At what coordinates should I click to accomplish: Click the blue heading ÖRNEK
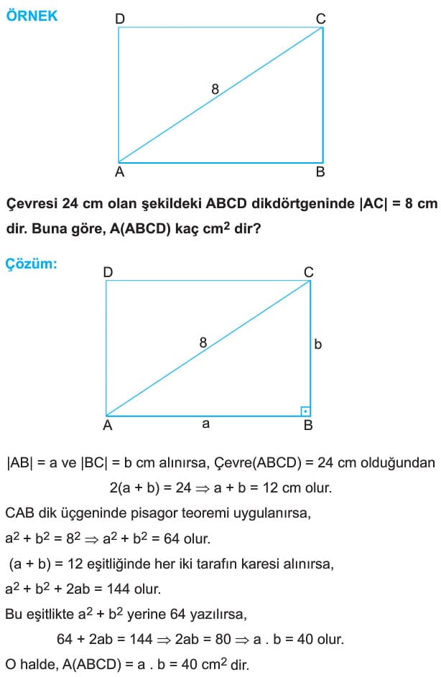click(32, 16)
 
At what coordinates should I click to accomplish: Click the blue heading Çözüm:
click(31, 264)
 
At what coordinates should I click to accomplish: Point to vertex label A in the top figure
click(119, 172)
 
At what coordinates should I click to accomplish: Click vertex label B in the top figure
click(320, 172)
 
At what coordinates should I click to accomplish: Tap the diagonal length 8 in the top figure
click(215, 89)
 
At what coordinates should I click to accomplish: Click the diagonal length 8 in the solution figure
click(203, 343)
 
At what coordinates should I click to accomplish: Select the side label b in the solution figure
click(318, 345)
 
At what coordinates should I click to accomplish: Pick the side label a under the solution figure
click(205, 424)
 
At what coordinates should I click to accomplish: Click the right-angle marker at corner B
click(305, 411)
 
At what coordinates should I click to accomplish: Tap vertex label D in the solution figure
click(108, 272)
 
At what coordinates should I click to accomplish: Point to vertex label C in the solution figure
click(308, 272)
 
